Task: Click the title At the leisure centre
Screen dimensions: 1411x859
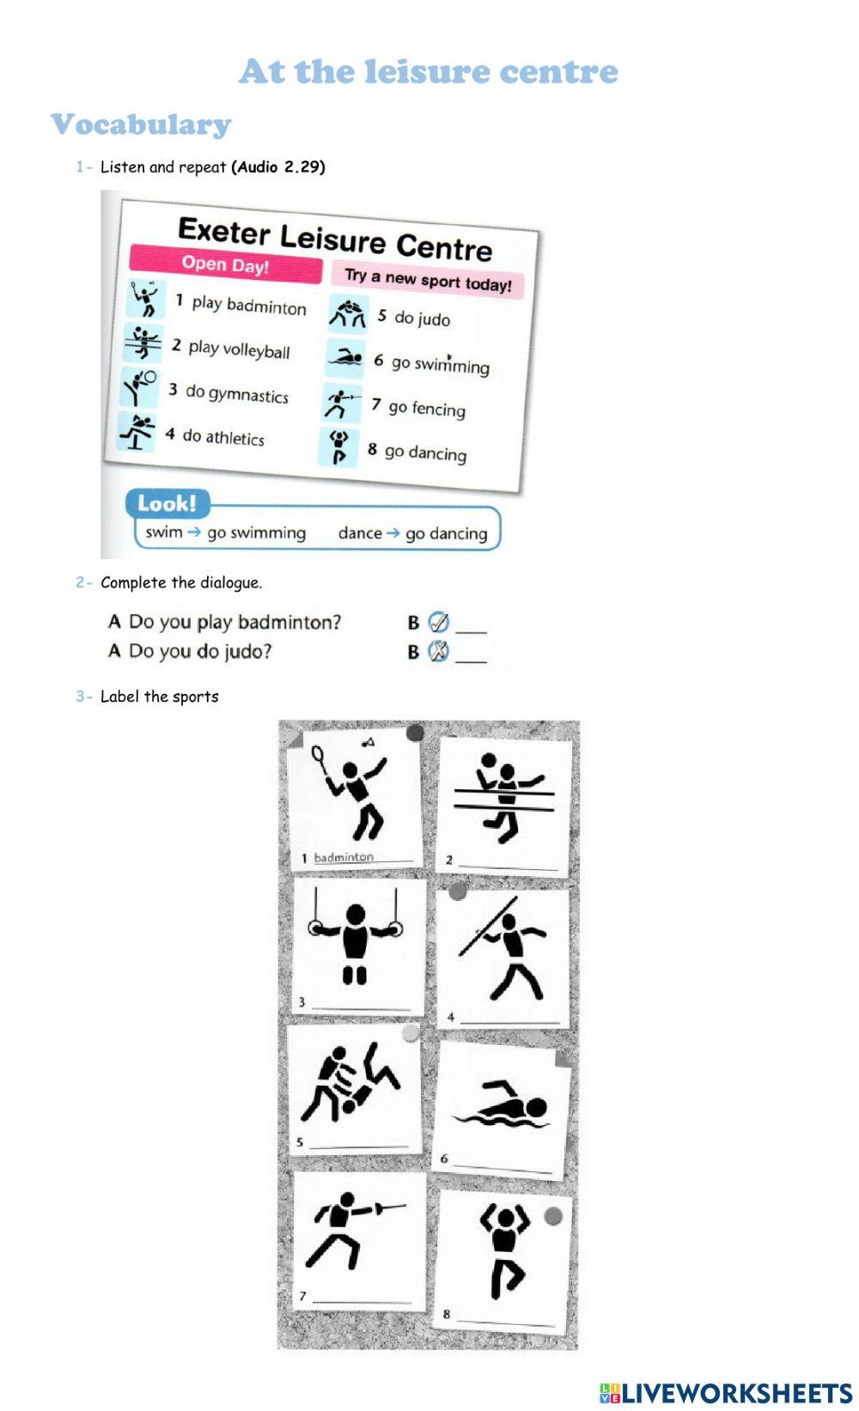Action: coord(428,71)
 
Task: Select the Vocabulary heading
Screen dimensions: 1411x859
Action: coord(141,125)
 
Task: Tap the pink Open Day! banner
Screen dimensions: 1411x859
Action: coord(225,265)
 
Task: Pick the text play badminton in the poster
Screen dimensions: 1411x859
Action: coord(248,305)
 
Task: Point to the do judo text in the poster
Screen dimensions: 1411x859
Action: coord(422,319)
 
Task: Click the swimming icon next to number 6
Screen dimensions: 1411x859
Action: coord(345,358)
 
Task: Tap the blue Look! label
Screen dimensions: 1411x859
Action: coord(167,503)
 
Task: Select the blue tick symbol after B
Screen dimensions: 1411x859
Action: coord(438,623)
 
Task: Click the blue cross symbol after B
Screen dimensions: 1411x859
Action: coord(438,652)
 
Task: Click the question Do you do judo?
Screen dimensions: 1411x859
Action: coord(199,651)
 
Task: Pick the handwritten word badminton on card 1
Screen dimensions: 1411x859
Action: coord(344,857)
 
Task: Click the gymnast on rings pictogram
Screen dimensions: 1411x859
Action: coord(355,938)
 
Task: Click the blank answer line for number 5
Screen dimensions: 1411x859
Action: coord(359,1144)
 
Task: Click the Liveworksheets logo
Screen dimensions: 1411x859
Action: coord(726,1392)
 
